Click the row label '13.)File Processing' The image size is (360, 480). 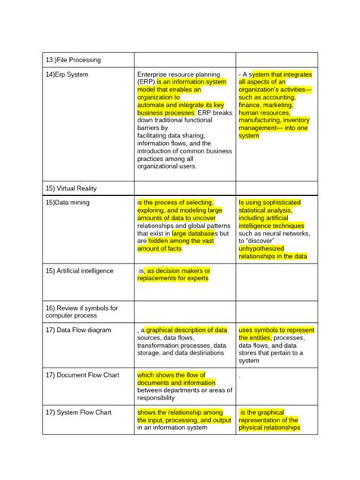[x=73, y=59]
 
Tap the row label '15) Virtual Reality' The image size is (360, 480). [x=71, y=188]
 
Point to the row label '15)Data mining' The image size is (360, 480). [x=68, y=203]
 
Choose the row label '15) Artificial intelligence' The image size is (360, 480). [x=79, y=270]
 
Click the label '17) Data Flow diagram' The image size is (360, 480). [x=77, y=330]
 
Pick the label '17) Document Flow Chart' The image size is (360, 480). [x=82, y=374]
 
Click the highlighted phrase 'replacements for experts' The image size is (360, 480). [x=172, y=278]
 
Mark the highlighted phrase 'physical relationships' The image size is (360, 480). [x=269, y=428]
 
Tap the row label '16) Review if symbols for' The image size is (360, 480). [x=81, y=308]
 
